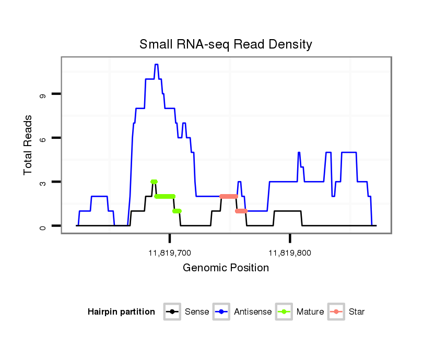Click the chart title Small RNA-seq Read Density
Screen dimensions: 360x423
click(x=226, y=44)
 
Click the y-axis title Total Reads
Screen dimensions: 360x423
click(x=29, y=145)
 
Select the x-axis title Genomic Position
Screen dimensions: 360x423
click(x=226, y=268)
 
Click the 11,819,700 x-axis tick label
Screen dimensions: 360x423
click(x=170, y=253)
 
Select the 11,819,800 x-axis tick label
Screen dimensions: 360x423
click(x=290, y=253)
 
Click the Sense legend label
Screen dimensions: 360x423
click(x=197, y=312)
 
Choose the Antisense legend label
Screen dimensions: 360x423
click(x=253, y=312)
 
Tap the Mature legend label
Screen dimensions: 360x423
click(x=310, y=312)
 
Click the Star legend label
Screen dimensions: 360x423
click(x=357, y=312)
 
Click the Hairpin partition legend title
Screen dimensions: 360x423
click(x=121, y=312)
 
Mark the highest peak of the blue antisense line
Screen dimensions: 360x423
click(x=156, y=64)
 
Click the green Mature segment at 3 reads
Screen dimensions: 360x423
click(x=154, y=182)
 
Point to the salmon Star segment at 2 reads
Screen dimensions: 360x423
click(x=228, y=196)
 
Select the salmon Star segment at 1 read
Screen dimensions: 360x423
click(x=241, y=211)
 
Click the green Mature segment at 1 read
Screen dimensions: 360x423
click(x=177, y=211)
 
